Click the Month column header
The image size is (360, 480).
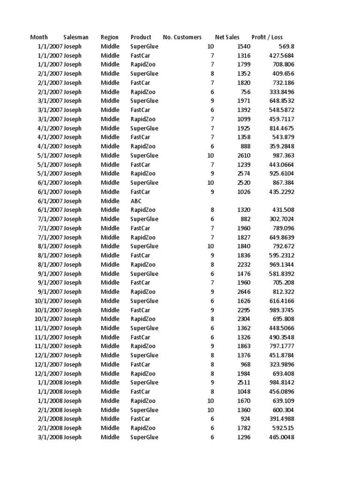click(x=39, y=37)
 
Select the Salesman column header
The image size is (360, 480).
click(x=76, y=37)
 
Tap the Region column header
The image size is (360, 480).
click(x=110, y=37)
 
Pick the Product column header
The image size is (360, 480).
click(x=141, y=37)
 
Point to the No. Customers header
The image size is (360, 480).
click(x=182, y=37)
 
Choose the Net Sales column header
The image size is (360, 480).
click(x=227, y=37)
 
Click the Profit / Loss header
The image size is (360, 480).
click(x=267, y=37)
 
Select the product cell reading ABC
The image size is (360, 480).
click(x=136, y=201)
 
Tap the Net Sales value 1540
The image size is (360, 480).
click(x=244, y=46)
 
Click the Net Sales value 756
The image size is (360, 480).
click(x=246, y=92)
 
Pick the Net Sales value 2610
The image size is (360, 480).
click(x=244, y=156)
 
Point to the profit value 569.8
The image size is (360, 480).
click(x=286, y=46)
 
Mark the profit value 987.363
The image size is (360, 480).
click(x=283, y=156)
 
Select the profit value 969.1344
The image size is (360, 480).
click(x=281, y=265)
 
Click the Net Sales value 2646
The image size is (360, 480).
click(x=244, y=292)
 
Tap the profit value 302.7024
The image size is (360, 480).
click(x=281, y=219)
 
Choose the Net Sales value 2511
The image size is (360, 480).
click(x=244, y=382)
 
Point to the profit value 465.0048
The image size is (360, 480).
click(x=281, y=437)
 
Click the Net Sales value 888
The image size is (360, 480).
click(x=246, y=146)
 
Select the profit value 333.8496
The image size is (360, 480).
click(x=281, y=92)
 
